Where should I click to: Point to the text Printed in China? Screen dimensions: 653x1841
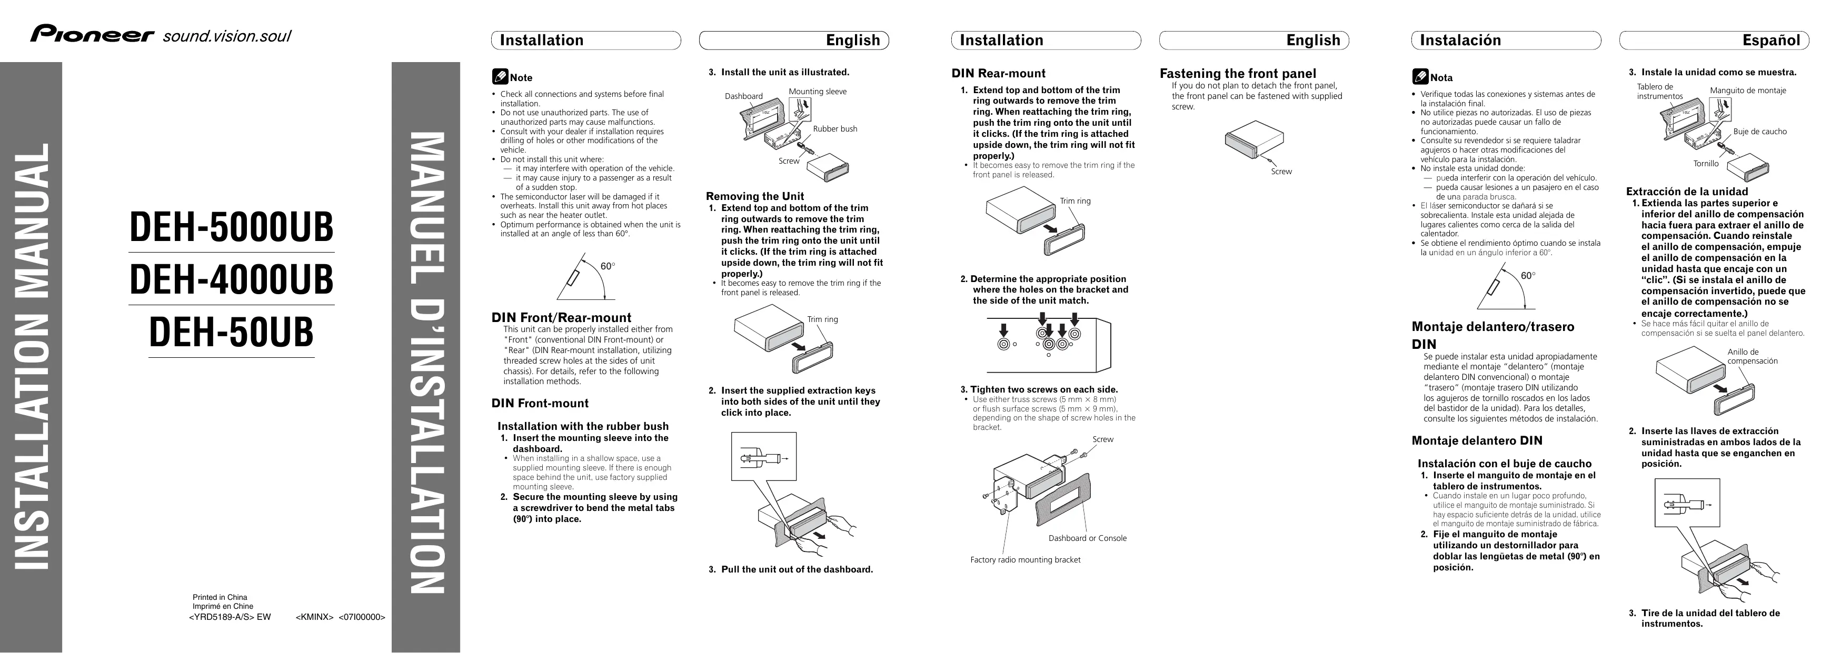pyautogui.click(x=220, y=597)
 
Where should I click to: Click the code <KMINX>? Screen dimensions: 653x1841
pyautogui.click(x=314, y=617)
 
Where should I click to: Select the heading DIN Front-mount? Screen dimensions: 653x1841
pyautogui.click(x=540, y=404)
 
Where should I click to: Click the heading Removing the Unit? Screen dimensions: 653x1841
pyautogui.click(x=755, y=196)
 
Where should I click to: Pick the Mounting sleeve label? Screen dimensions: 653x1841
pyautogui.click(x=817, y=92)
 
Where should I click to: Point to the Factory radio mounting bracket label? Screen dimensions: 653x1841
pyautogui.click(x=1025, y=560)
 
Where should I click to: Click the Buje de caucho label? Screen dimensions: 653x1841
pyautogui.click(x=1759, y=132)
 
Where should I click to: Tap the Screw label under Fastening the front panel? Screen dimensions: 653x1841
pyautogui.click(x=1281, y=172)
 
